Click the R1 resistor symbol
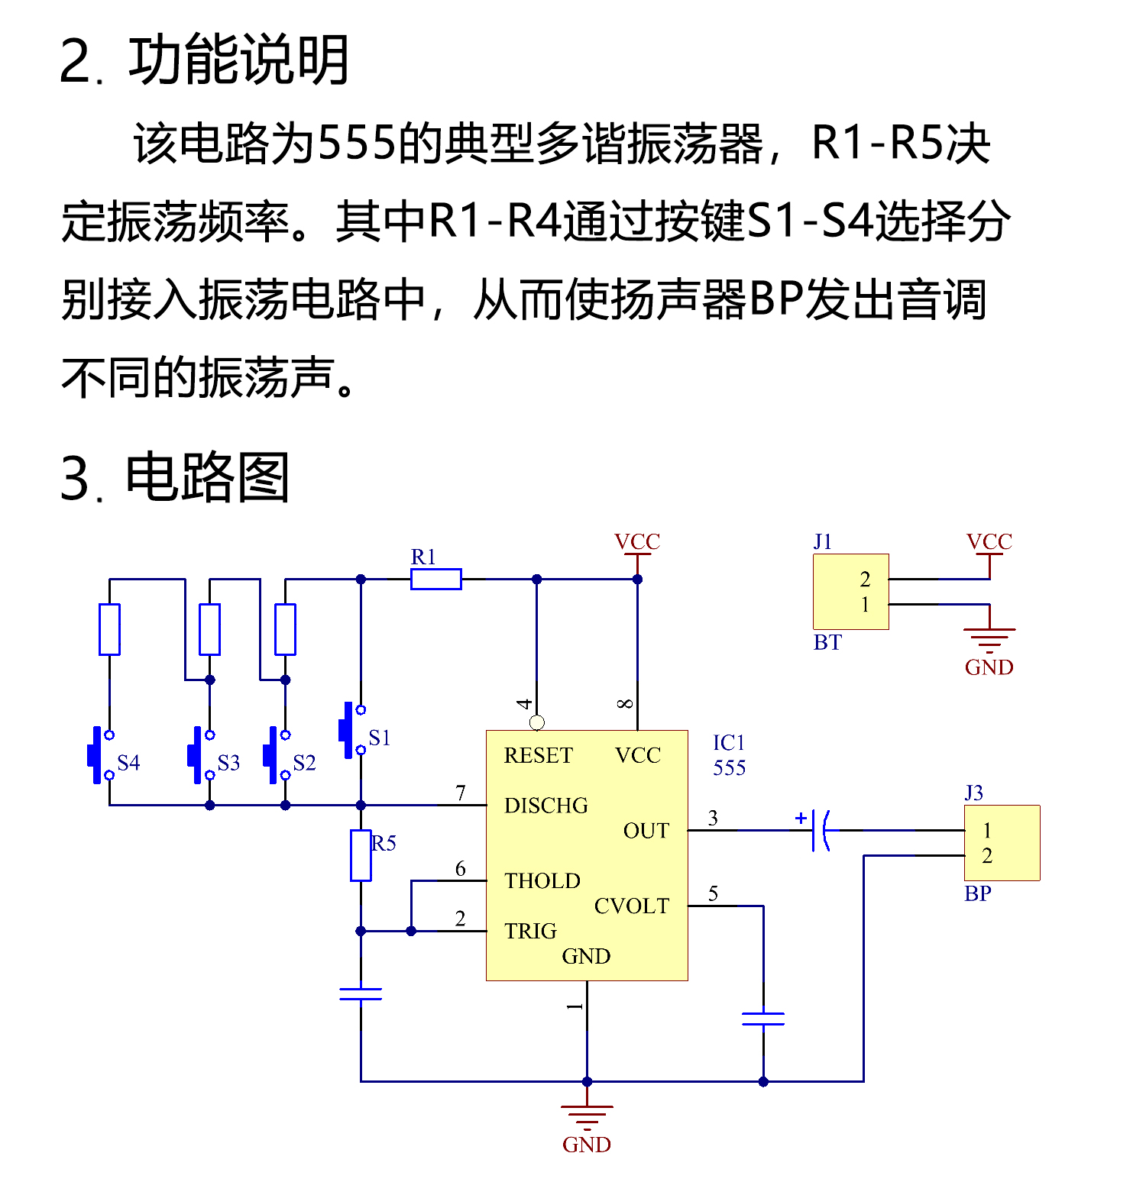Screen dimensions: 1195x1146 (x=435, y=579)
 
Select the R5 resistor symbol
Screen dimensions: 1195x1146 (x=361, y=855)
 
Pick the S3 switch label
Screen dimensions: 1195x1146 (x=228, y=763)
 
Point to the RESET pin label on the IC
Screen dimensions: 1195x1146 (x=538, y=755)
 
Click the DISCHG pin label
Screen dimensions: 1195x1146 (x=545, y=806)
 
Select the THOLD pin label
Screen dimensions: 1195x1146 (x=542, y=880)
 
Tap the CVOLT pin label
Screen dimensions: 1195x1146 (x=631, y=906)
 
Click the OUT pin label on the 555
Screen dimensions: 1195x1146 (x=646, y=831)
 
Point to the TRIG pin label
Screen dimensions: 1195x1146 (x=530, y=931)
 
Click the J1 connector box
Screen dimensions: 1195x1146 (x=850, y=592)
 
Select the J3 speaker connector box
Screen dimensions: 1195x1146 (x=1002, y=842)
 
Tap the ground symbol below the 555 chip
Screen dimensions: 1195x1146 (x=587, y=1116)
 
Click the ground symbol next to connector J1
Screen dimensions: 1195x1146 (x=989, y=638)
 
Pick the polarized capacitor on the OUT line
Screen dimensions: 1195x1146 (x=820, y=830)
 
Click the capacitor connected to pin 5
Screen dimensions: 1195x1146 (x=762, y=1019)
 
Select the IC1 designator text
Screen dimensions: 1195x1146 (x=728, y=743)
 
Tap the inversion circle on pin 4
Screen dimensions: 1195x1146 (x=537, y=722)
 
